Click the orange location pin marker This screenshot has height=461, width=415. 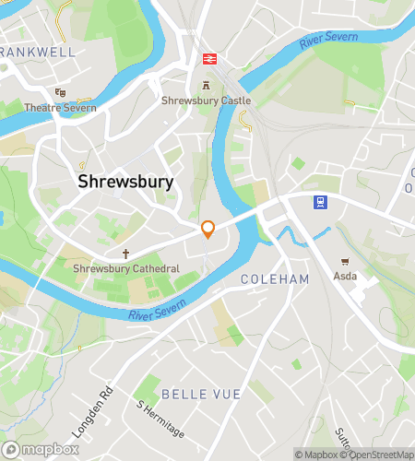click(x=208, y=230)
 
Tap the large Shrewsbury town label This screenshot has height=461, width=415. click(x=125, y=183)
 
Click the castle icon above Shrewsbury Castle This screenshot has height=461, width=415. click(x=206, y=86)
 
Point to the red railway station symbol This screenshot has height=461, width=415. click(x=210, y=59)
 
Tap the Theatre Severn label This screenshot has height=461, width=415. click(x=60, y=107)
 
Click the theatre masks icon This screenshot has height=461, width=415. click(x=60, y=92)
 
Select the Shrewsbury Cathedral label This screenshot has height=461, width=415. click(x=126, y=268)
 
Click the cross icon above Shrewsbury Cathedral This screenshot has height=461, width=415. click(x=126, y=254)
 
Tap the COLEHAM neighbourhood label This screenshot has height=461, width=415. click(x=274, y=278)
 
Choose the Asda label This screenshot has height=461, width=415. click(x=345, y=277)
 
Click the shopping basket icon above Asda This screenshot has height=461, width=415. click(x=345, y=263)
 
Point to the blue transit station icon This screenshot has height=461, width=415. click(x=320, y=202)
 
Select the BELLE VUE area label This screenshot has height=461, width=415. click(x=201, y=394)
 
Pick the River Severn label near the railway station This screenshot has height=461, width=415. click(x=326, y=41)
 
